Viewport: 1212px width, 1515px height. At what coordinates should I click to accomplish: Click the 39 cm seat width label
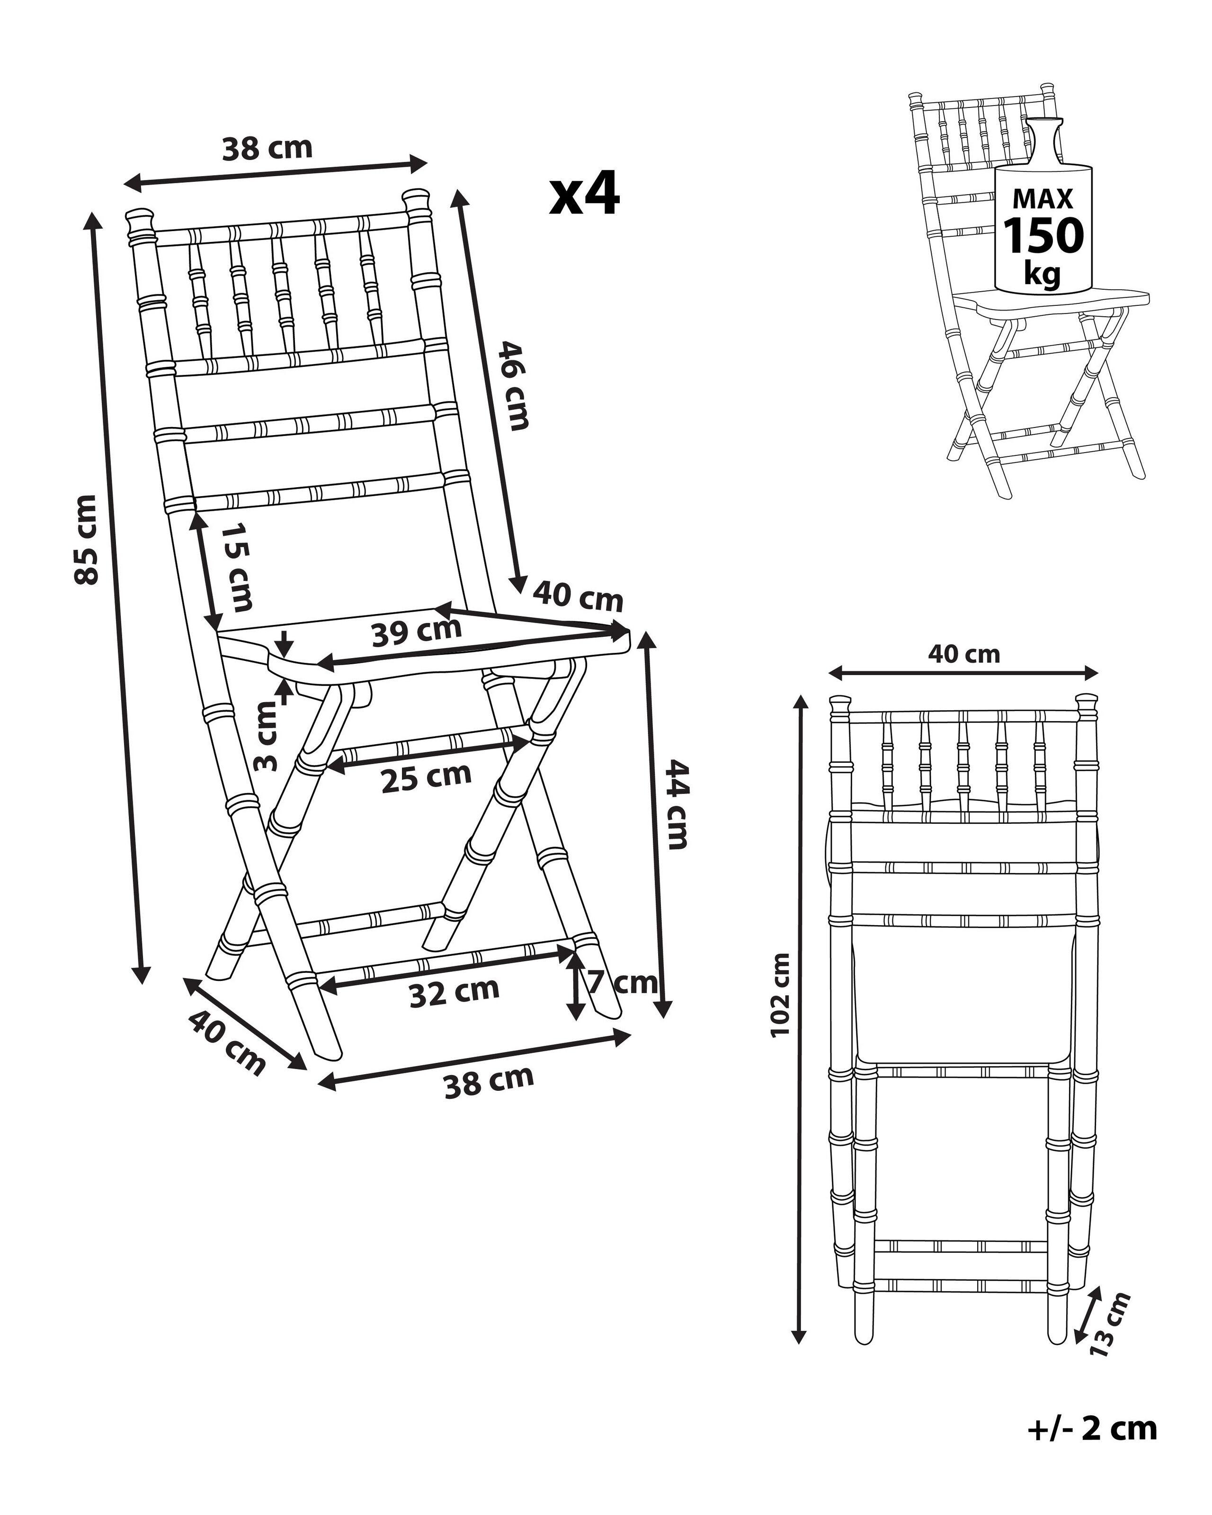[416, 632]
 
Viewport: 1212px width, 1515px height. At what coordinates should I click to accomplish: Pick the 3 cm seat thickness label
[266, 736]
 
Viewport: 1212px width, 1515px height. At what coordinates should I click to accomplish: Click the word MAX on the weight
[1043, 200]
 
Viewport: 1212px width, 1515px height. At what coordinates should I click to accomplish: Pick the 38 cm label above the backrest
[267, 148]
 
